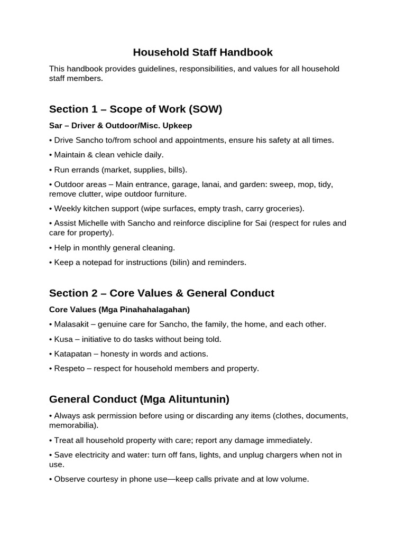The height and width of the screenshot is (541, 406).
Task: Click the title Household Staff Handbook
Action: click(x=203, y=52)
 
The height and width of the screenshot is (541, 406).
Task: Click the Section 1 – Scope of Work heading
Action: click(x=135, y=109)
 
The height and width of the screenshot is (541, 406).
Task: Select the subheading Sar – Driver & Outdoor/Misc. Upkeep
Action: click(x=121, y=126)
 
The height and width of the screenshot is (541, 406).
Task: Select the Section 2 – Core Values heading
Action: click(x=161, y=293)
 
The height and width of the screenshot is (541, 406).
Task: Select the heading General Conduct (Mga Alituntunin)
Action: click(x=139, y=399)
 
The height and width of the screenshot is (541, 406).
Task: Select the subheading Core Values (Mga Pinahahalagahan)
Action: click(x=119, y=309)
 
